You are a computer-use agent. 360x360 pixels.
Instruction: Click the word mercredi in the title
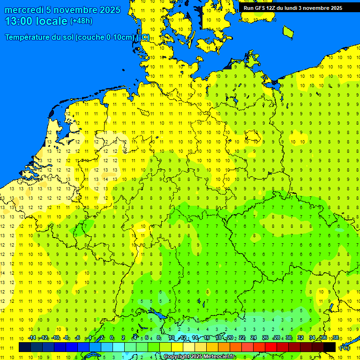[x=24, y=10]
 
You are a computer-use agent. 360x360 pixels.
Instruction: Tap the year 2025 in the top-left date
[x=106, y=10]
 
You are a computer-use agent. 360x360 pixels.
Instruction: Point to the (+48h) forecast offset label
[x=81, y=21]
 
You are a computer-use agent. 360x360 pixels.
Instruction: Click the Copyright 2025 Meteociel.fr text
[x=199, y=357]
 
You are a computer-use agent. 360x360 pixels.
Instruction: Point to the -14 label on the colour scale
[x=32, y=338]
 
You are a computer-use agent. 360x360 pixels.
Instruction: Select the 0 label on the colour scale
[x=112, y=338]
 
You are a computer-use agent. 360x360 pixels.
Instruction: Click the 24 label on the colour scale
[x=254, y=338]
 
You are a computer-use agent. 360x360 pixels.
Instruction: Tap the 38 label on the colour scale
[x=335, y=338]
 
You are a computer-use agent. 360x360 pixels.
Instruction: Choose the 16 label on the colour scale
[x=207, y=338]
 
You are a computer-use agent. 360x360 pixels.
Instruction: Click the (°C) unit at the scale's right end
[x=345, y=348]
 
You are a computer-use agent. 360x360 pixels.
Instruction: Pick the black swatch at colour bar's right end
[x=330, y=347]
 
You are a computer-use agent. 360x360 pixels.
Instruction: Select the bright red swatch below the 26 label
[x=271, y=347]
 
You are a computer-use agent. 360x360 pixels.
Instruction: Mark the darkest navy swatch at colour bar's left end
[x=25, y=347]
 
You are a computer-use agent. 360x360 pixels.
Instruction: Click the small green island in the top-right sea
[x=288, y=31]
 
